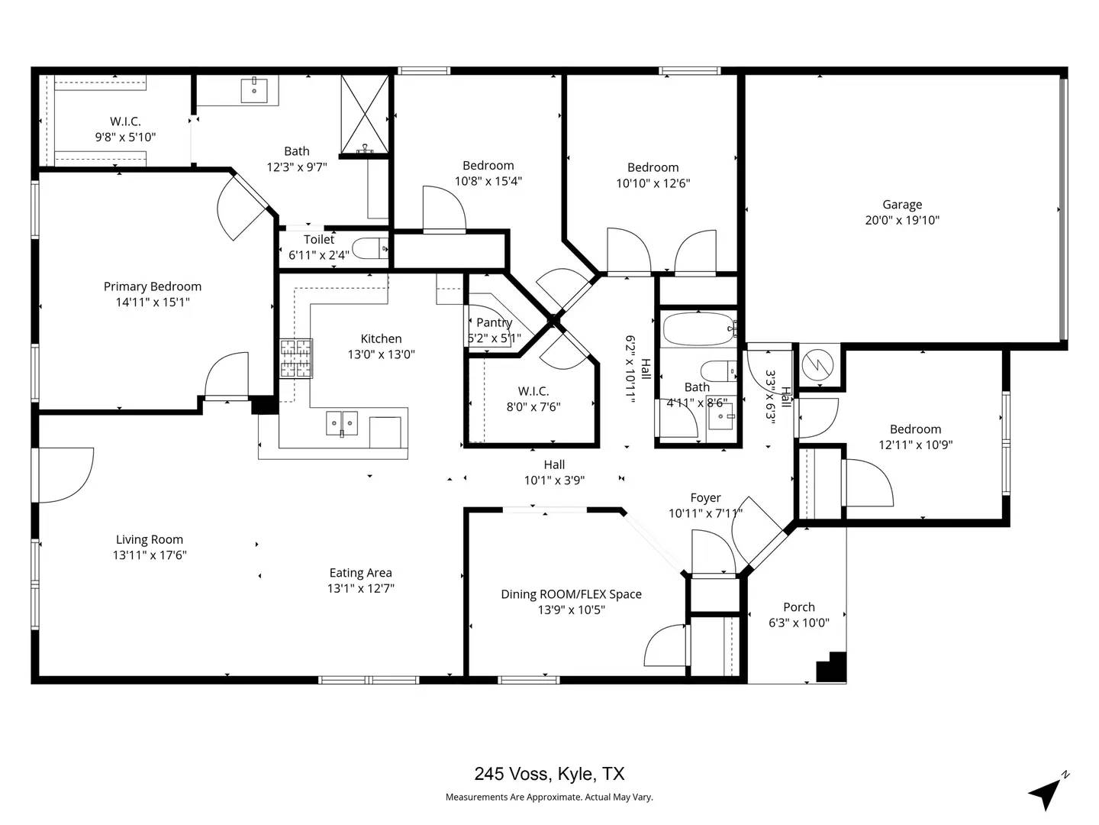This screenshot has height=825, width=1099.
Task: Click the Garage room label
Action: (x=902, y=205)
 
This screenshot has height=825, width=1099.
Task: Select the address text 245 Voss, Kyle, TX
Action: (x=549, y=774)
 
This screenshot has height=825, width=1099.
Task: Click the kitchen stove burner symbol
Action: (x=296, y=359)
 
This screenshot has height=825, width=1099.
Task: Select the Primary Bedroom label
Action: (x=153, y=286)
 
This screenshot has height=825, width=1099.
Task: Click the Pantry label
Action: (x=494, y=322)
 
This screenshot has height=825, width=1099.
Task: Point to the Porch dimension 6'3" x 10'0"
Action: (x=798, y=623)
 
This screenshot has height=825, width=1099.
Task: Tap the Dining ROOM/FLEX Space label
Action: (x=571, y=594)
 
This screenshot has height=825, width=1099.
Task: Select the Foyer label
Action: (x=705, y=498)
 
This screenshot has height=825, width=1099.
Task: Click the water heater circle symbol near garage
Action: (x=818, y=365)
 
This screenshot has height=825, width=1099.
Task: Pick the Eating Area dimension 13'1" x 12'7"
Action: (x=360, y=588)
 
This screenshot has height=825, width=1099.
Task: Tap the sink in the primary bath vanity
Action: (x=254, y=89)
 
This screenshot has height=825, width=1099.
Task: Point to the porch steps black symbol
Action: (x=833, y=668)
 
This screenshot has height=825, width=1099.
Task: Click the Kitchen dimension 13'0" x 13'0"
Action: (x=381, y=354)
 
